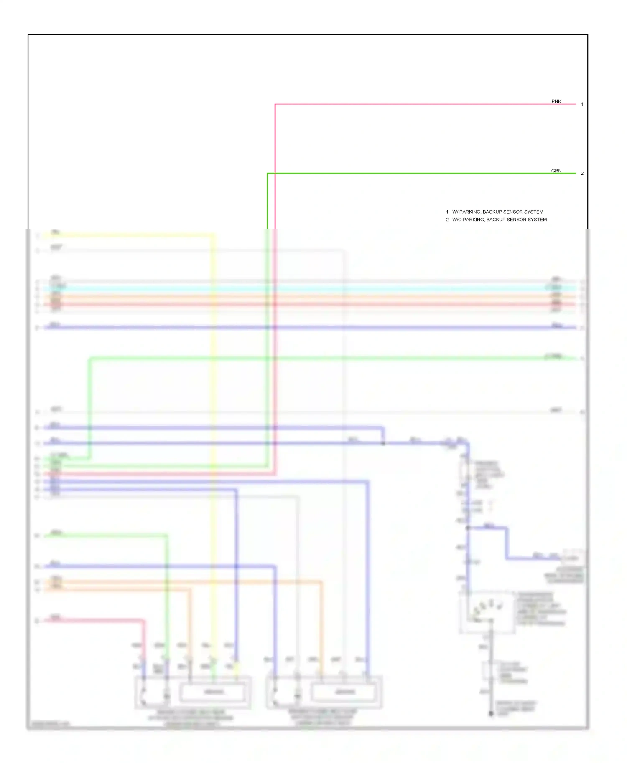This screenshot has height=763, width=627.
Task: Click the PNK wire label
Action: click(556, 101)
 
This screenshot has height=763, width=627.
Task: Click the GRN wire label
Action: click(556, 171)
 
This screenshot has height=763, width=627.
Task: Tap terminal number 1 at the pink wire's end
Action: click(582, 104)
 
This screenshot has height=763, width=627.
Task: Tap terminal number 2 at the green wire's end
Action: click(582, 173)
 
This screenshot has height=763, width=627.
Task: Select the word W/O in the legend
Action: click(457, 220)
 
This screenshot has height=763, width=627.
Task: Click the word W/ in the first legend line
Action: click(455, 212)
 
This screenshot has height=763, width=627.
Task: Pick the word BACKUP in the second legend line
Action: click(496, 220)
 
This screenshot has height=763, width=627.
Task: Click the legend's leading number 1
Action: click(447, 212)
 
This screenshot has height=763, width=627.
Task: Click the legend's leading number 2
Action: click(447, 220)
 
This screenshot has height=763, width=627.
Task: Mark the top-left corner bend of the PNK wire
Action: click(275, 104)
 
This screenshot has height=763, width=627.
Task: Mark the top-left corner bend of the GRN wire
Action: click(268, 173)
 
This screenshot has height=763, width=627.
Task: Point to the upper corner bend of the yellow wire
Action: click(214, 235)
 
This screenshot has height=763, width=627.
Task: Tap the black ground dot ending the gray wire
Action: click(491, 713)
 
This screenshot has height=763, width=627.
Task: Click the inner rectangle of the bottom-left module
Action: click(213, 692)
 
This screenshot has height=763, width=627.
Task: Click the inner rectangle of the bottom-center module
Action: click(345, 692)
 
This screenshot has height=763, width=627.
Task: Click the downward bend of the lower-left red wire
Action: click(144, 621)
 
